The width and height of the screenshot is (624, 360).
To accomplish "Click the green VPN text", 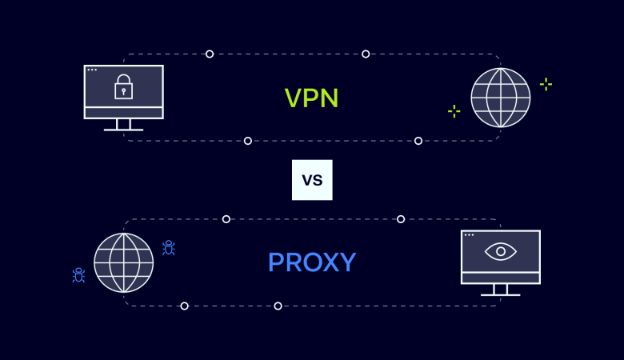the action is tap(312, 98).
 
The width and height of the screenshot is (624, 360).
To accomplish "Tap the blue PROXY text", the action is tap(312, 262).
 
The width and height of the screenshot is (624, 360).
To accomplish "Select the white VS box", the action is tap(312, 180).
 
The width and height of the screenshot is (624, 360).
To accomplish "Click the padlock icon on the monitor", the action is tap(123, 86).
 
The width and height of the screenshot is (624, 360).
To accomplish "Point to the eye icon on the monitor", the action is tap(501, 251).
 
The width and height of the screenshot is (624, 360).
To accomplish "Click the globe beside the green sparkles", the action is tap(501, 98).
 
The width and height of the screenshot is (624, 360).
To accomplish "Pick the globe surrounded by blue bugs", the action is tap(123, 262).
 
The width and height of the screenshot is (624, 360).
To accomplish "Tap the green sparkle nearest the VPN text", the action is tap(454, 111).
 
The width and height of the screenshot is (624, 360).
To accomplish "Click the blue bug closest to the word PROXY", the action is tap(168, 247).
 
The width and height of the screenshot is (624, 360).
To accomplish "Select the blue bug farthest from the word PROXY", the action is tap(78, 275).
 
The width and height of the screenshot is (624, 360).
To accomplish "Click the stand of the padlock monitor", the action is tap(123, 125).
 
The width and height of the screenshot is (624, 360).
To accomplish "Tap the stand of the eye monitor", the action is tap(501, 290).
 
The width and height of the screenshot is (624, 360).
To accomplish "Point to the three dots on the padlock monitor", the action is tap(92, 70).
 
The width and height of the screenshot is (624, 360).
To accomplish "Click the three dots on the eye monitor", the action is tap(469, 234).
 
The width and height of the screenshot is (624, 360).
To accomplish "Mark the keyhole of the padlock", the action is tap(123, 92).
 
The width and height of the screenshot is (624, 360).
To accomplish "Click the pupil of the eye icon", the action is tap(501, 251).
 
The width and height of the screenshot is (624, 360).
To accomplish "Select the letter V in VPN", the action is tap(294, 98).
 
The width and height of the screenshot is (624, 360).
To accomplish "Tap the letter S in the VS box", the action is tap(318, 181).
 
